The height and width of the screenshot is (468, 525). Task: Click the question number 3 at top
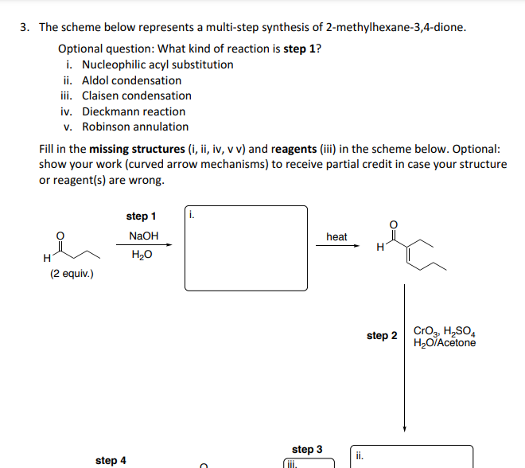click(x=25, y=27)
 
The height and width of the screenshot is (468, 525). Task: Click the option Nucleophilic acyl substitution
click(x=157, y=64)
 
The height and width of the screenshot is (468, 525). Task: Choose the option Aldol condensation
click(x=131, y=80)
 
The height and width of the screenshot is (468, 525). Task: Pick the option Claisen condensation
click(x=137, y=96)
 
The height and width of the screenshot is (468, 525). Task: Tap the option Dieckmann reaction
click(x=134, y=111)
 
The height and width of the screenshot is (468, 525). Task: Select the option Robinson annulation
click(x=135, y=127)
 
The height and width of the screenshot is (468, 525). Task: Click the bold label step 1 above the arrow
click(x=142, y=216)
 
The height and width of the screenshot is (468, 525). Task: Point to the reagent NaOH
click(x=144, y=236)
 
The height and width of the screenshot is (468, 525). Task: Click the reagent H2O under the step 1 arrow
click(x=142, y=255)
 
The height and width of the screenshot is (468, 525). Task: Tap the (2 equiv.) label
click(x=72, y=274)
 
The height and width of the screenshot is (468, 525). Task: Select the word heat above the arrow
click(x=336, y=236)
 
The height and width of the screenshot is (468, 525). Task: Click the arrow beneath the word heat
click(x=336, y=245)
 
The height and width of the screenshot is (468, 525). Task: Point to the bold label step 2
click(x=382, y=336)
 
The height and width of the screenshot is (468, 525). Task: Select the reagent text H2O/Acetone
click(x=445, y=343)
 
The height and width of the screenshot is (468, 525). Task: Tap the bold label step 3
click(x=307, y=450)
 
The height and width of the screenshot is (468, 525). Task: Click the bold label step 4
click(x=111, y=460)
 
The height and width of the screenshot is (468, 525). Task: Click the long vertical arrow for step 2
click(x=405, y=358)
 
